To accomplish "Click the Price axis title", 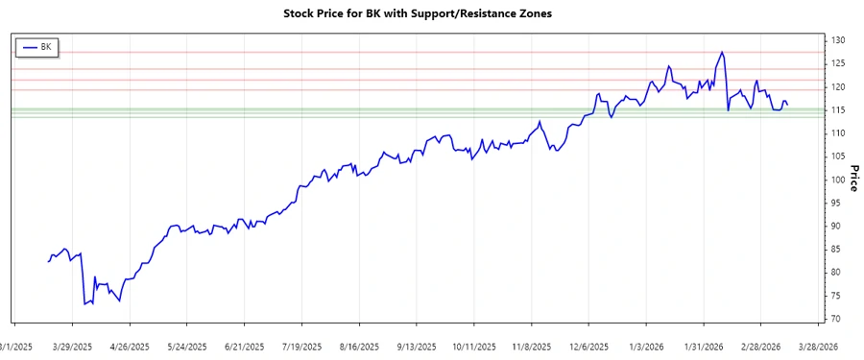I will (x=852, y=174).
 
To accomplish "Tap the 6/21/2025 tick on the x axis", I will (x=244, y=347).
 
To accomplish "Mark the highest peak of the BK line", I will (x=722, y=52).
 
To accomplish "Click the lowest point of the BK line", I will (x=84, y=304).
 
